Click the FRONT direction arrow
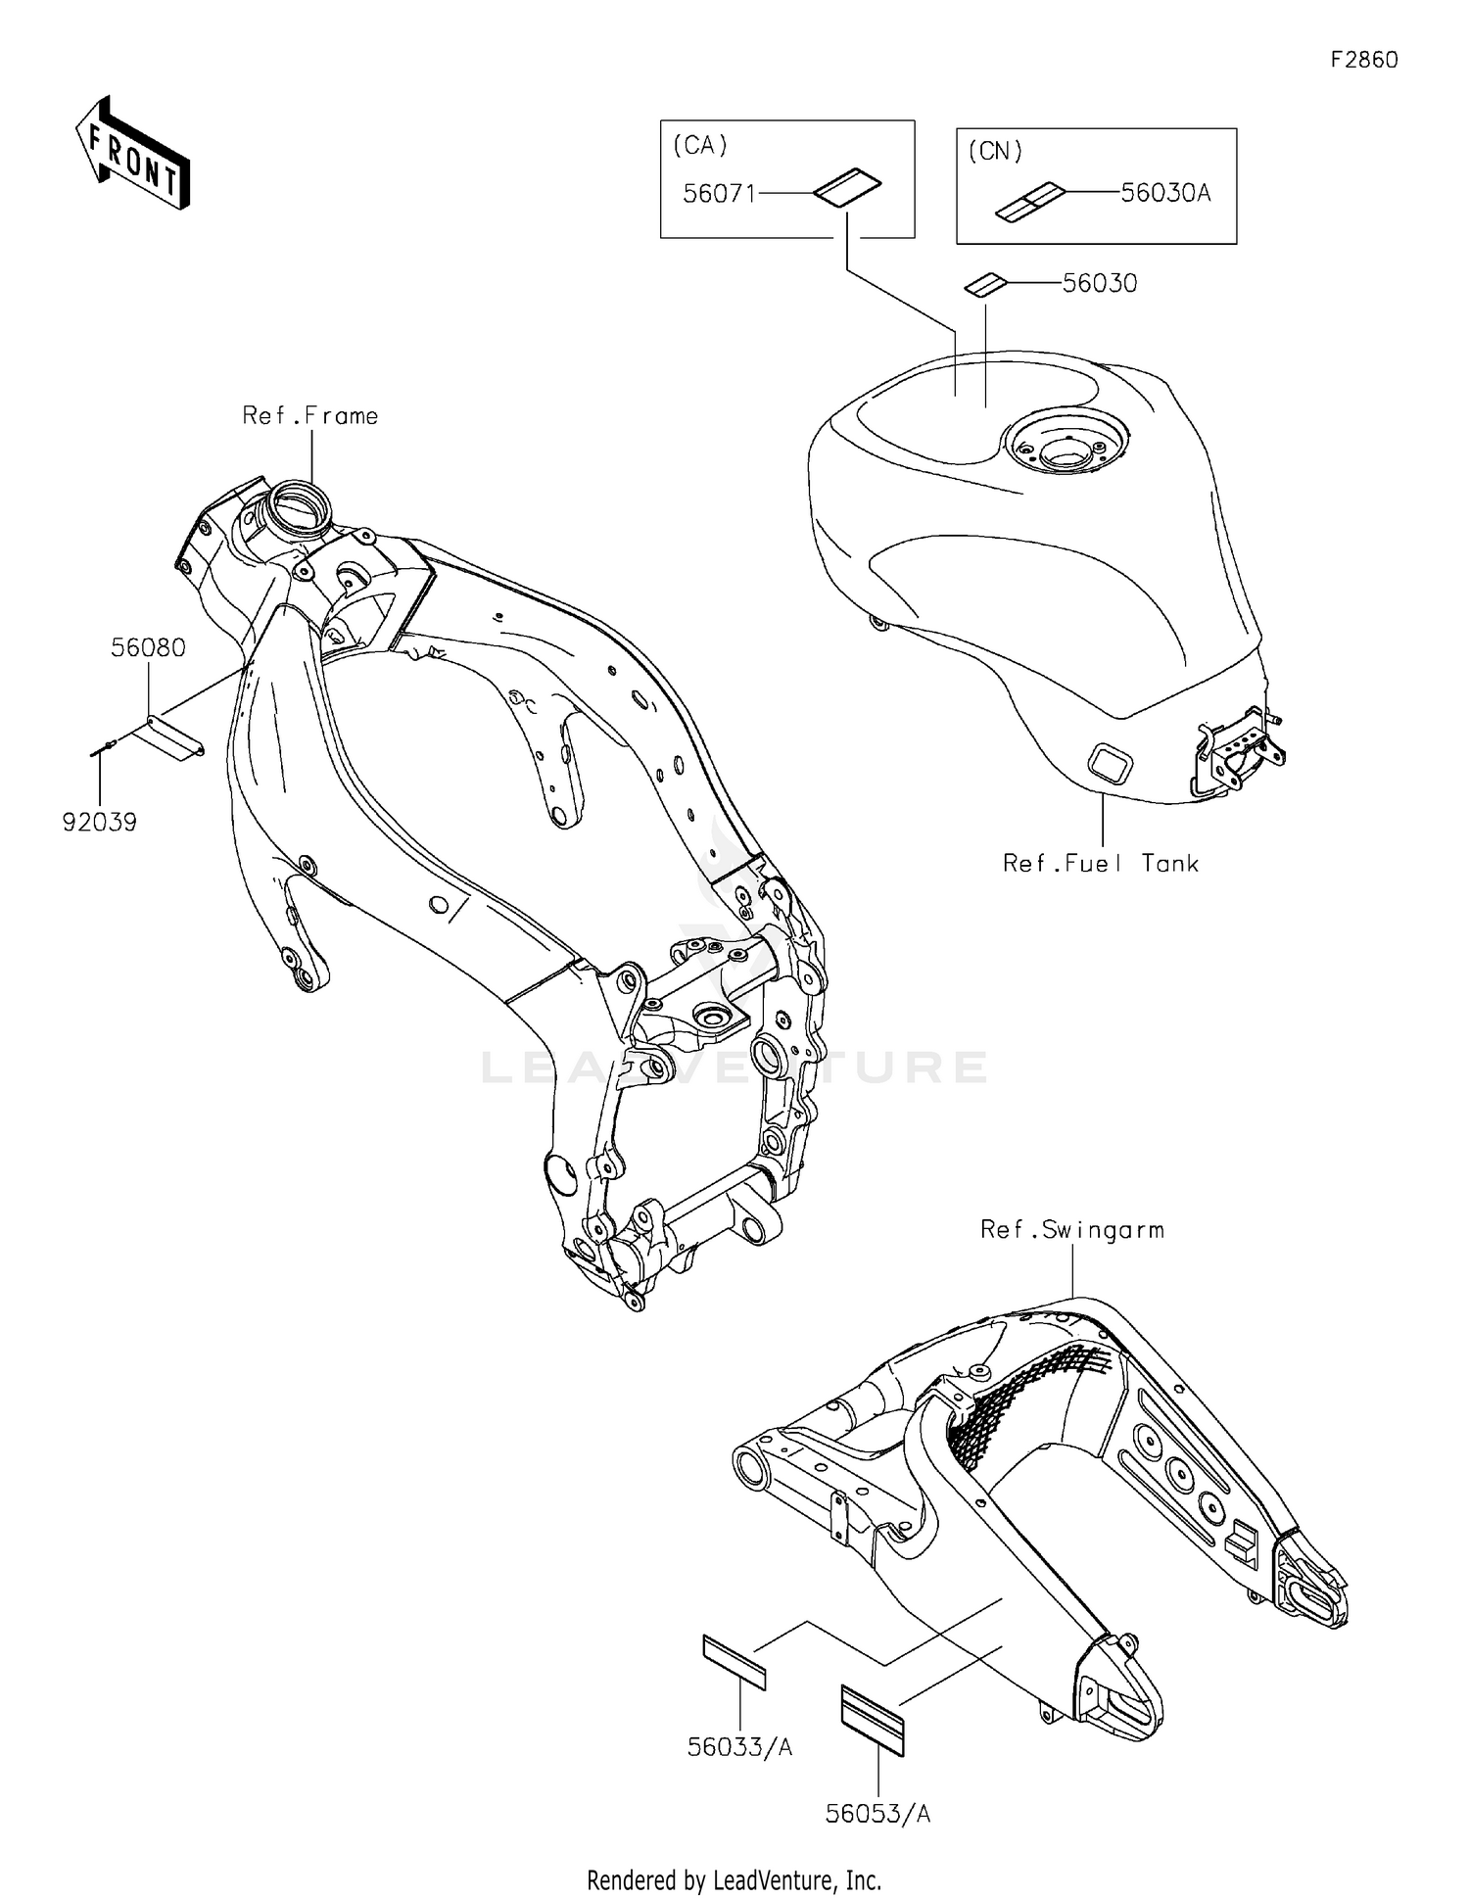pos(133,154)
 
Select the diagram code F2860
pos(1363,60)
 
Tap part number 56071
pos(719,194)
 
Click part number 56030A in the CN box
pos(1165,193)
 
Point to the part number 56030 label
pos(1100,284)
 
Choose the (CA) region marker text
pos(700,145)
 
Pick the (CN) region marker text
pos(995,152)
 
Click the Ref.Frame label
pos(310,416)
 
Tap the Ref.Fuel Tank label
pos(1100,864)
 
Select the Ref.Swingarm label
pos(1072,1230)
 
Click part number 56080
pos(148,648)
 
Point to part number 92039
pos(100,823)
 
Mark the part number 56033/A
pos(739,1747)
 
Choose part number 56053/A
pos(877,1815)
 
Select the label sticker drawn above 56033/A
pos(734,1662)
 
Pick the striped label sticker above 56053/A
pos(874,1720)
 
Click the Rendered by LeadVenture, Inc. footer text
pos(734,1879)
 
